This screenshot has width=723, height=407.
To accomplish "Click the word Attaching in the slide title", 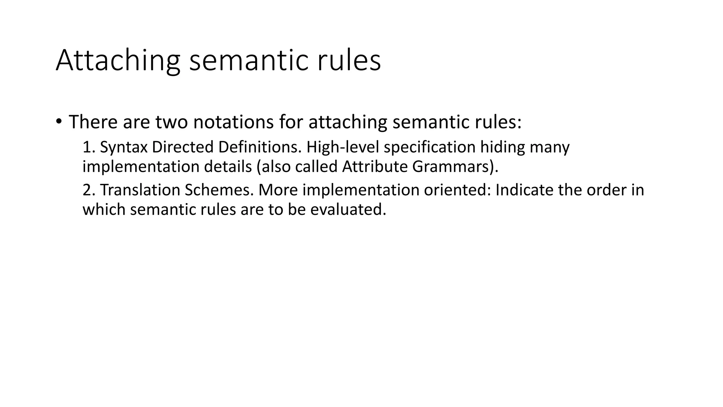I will (x=118, y=61).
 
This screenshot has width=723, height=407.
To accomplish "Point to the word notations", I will (x=233, y=122).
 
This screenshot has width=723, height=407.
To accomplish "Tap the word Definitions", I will (x=260, y=147).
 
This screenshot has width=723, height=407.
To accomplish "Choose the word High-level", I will (x=343, y=147).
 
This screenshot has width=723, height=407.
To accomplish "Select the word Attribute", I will (x=375, y=167).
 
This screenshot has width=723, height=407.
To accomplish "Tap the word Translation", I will (x=140, y=190).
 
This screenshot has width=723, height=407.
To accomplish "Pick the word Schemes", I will (x=219, y=190).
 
